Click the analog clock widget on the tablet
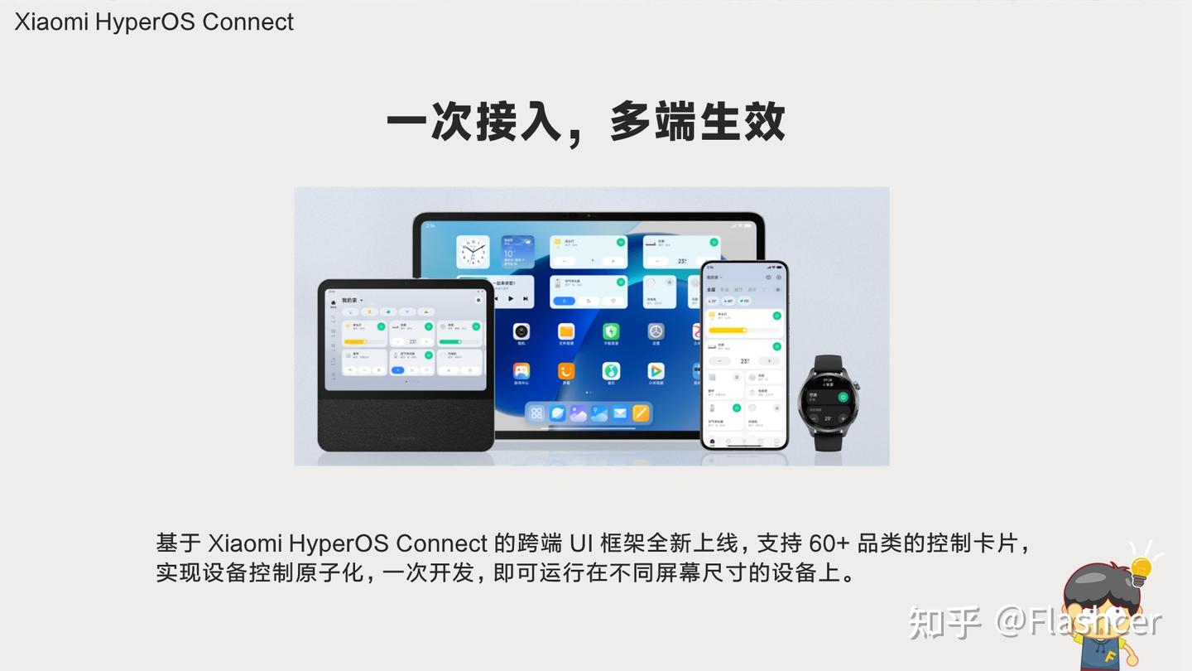tap(473, 252)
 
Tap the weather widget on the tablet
tap(517, 252)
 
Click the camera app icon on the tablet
tap(521, 333)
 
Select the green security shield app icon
tap(611, 333)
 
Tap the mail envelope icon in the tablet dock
tap(620, 413)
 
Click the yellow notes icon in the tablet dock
tap(641, 413)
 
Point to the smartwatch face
tap(828, 397)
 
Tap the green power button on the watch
tap(843, 397)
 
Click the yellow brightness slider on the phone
tap(728, 330)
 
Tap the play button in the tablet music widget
tap(511, 298)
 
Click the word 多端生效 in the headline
tap(697, 123)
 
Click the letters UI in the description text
tap(581, 543)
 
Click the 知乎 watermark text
tap(944, 621)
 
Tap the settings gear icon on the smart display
tap(478, 299)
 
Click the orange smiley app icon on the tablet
tap(566, 371)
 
